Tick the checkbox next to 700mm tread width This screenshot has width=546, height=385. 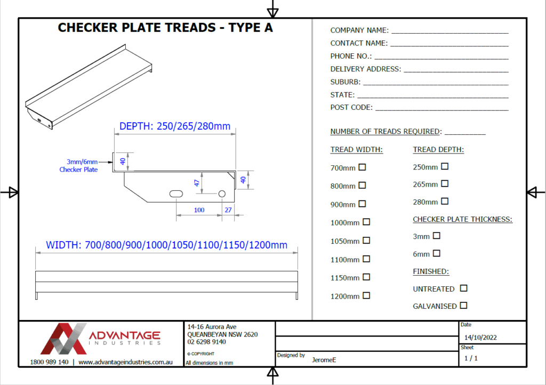click(362, 167)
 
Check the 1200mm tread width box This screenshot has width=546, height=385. click(366, 295)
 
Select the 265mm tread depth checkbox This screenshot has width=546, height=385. click(445, 184)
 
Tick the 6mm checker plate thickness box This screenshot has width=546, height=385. click(436, 253)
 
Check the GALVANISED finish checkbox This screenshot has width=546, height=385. click(463, 306)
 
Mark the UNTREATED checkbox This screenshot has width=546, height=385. click(463, 288)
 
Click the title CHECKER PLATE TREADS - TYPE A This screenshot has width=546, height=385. click(165, 28)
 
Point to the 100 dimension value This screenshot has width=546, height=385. click(199, 210)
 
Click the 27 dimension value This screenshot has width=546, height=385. click(228, 210)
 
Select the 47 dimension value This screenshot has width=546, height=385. click(197, 182)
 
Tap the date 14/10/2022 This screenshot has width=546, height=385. click(480, 338)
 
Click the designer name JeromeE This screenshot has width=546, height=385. click(324, 360)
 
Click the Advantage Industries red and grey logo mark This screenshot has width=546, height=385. click(63, 339)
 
